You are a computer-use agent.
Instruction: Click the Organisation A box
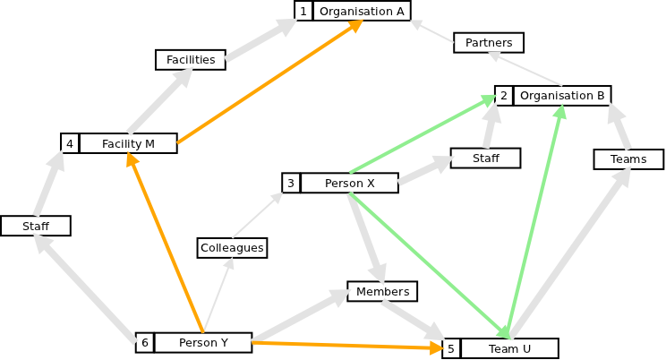point(362,11)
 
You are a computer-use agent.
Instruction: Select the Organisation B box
point(562,96)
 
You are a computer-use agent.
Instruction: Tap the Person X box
point(349,184)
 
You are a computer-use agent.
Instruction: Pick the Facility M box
point(128,143)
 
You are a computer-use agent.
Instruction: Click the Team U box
point(509,348)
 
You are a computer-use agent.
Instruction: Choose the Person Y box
point(203,342)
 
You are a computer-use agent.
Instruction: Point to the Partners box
point(489,43)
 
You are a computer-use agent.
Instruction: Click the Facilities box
point(191,60)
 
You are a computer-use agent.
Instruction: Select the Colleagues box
point(232,247)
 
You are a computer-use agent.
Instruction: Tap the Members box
point(382,291)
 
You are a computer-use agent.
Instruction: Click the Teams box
point(628,159)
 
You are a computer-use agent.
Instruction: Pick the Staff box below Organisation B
point(485,158)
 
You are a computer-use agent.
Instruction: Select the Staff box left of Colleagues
point(36,226)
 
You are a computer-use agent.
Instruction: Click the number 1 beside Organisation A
point(303,11)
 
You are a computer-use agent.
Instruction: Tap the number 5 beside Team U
point(451,348)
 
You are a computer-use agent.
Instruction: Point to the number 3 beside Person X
point(291,184)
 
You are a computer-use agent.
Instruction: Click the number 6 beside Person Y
point(144,342)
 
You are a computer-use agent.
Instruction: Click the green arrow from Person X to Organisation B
point(421,133)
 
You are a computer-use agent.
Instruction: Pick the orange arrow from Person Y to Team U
point(349,345)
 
